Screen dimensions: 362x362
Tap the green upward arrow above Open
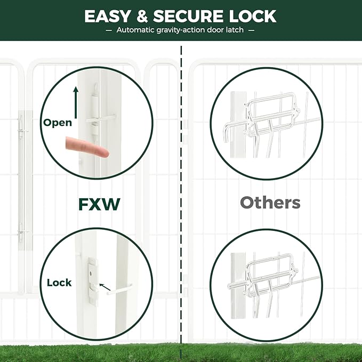[76, 101]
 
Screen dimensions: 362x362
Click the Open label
[58, 123]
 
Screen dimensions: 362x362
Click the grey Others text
[270, 203]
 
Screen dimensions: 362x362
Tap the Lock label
[59, 283]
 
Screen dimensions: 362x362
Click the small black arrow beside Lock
[105, 288]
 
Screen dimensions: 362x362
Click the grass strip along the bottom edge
[181, 353]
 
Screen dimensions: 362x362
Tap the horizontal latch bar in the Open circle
[101, 118]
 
